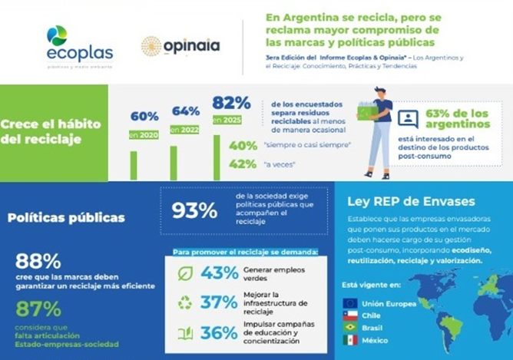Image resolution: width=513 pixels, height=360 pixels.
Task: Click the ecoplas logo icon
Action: click(57, 35)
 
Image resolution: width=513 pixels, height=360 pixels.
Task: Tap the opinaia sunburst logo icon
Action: click(151, 46)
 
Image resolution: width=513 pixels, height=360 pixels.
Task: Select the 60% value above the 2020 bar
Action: click(144, 117)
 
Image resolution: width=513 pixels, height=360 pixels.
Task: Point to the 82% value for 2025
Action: click(232, 103)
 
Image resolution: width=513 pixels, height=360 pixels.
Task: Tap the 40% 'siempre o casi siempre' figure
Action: click(243, 146)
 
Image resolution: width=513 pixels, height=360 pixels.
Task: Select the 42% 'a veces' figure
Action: click(243, 163)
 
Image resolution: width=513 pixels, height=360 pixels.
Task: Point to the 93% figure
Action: click(194, 211)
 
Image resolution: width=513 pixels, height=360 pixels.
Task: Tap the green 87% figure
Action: click(38, 309)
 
